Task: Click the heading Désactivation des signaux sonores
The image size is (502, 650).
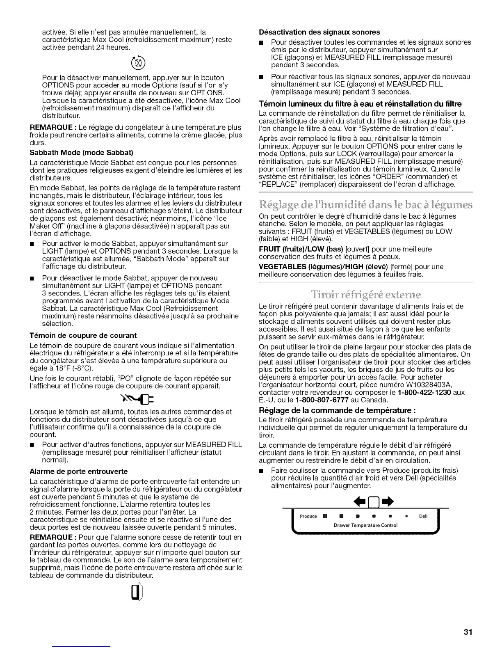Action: (319, 32)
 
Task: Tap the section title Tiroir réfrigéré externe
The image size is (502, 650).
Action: (366, 295)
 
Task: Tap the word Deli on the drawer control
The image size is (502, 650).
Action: (423, 516)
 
